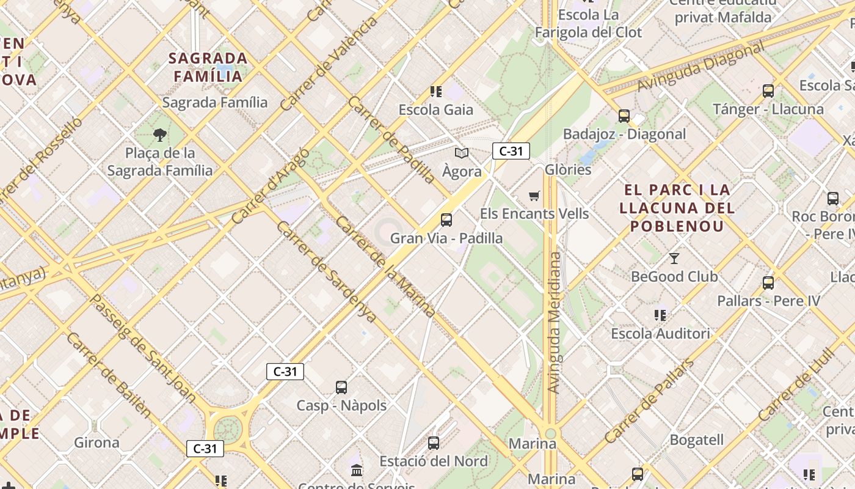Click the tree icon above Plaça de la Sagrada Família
click(160, 134)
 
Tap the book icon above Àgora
click(462, 153)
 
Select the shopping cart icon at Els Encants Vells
click(534, 196)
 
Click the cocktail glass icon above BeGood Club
click(674, 259)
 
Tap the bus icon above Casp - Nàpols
click(341, 388)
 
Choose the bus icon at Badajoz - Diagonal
click(624, 116)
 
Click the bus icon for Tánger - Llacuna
click(768, 91)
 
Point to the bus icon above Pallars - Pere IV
click(768, 283)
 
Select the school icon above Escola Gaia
click(436, 92)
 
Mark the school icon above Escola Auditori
click(660, 315)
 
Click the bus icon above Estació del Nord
click(434, 443)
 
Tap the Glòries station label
click(568, 169)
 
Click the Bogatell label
click(697, 440)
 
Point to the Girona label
click(96, 443)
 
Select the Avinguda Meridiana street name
click(554, 322)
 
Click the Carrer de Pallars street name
click(650, 400)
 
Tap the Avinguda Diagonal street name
click(700, 67)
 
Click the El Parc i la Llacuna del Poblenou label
click(677, 208)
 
